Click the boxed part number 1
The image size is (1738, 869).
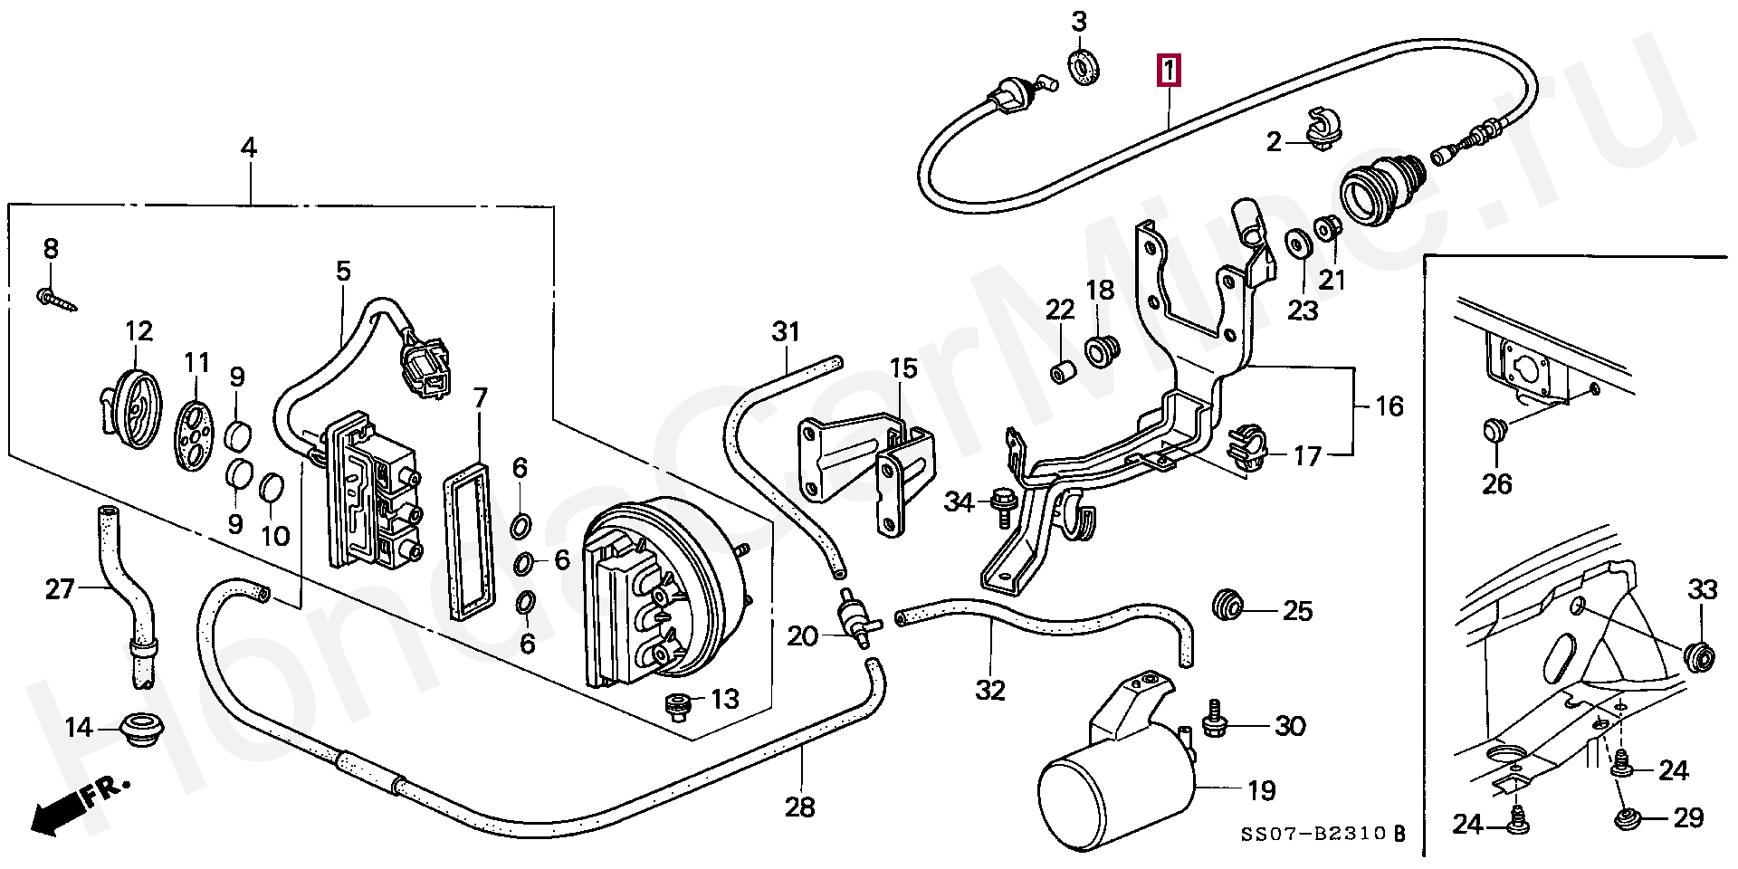[1169, 70]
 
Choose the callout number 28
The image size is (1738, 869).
[800, 807]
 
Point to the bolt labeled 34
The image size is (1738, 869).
[1003, 502]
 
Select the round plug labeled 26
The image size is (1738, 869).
[1494, 429]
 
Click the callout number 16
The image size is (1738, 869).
[1389, 406]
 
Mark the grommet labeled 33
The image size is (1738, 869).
[1699, 654]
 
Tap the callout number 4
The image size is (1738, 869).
[248, 147]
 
